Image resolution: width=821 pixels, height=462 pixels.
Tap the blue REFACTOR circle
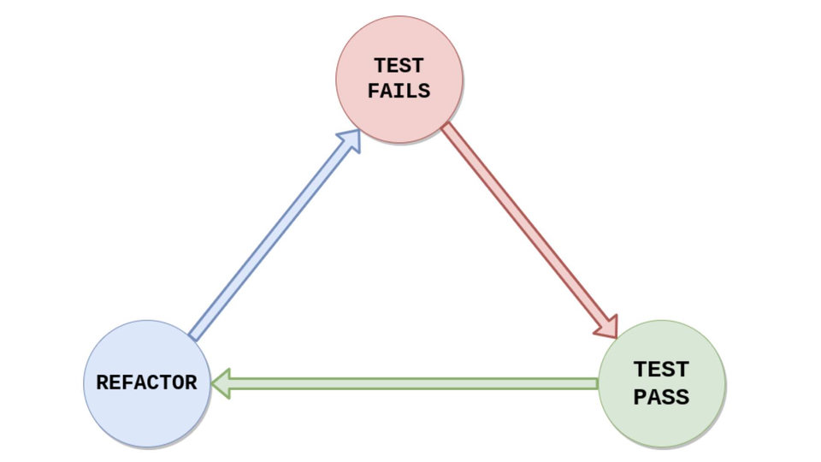146,383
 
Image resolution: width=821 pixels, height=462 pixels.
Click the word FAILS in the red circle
399,91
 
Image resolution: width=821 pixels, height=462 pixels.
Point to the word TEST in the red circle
399,66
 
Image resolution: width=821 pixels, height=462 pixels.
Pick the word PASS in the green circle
661,397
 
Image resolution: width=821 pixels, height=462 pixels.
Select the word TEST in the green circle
661,370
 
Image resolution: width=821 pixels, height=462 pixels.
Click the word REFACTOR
146,382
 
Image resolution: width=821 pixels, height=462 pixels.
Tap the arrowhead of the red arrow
608,326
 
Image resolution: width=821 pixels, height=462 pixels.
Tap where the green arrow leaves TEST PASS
598,383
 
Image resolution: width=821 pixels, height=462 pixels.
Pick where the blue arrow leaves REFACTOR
192,335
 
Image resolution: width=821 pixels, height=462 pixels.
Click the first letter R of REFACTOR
103,382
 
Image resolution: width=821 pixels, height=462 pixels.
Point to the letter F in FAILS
375,91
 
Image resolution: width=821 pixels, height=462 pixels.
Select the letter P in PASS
641,397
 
